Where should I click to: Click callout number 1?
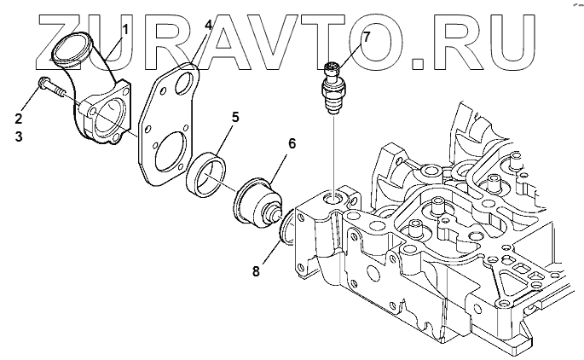(x=124, y=30)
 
